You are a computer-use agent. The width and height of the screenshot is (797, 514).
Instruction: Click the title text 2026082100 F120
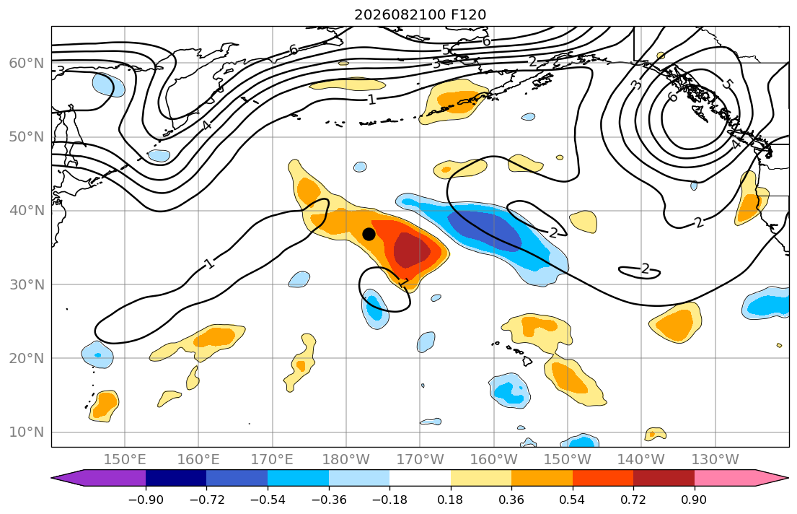(x=420, y=14)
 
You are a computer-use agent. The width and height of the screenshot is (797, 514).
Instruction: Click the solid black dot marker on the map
(x=369, y=234)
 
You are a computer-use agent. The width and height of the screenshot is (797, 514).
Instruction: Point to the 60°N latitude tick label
(x=27, y=63)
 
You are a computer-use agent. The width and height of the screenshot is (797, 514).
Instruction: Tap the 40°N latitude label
(x=27, y=211)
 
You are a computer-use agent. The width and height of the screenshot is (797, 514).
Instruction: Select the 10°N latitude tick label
(x=27, y=432)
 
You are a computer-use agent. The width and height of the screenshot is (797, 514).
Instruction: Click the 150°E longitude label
(x=125, y=460)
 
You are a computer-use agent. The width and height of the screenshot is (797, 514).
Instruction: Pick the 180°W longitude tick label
(x=347, y=460)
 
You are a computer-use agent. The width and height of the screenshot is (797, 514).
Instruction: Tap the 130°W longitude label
(x=715, y=460)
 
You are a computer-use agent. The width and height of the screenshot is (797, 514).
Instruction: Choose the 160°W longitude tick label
(x=494, y=460)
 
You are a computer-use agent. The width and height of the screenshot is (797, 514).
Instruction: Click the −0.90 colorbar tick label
(x=146, y=500)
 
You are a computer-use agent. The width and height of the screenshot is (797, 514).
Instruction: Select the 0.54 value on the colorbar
(x=573, y=500)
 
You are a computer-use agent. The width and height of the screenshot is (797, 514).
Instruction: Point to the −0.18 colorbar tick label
(x=390, y=500)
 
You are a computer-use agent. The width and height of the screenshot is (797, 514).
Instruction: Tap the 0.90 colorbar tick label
(x=695, y=500)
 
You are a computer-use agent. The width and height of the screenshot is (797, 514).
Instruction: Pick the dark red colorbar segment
(x=664, y=478)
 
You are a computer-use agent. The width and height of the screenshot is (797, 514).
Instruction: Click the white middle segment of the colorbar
(x=420, y=478)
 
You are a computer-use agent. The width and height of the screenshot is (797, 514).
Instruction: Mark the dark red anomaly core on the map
(x=410, y=250)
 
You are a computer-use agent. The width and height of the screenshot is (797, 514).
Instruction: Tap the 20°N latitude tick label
(x=27, y=358)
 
